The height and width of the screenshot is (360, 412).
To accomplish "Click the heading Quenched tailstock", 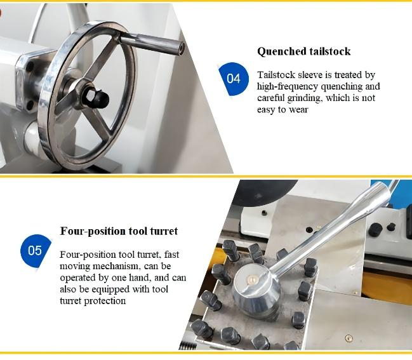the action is click(303, 51).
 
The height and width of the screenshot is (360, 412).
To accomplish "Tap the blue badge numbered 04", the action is click(234, 79).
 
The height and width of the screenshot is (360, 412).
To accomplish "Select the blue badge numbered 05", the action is click(35, 251).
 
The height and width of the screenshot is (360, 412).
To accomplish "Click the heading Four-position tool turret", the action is click(119, 231).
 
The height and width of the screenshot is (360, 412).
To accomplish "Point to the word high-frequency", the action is click(288, 86).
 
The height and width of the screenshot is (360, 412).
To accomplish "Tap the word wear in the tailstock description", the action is click(298, 110).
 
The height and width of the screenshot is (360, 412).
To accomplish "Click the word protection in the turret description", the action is click(105, 301).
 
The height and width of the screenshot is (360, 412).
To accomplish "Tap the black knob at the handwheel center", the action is click(98, 96).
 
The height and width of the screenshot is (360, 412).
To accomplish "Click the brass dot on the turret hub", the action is click(252, 279).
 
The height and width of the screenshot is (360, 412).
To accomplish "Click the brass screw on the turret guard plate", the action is click(349, 338).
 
